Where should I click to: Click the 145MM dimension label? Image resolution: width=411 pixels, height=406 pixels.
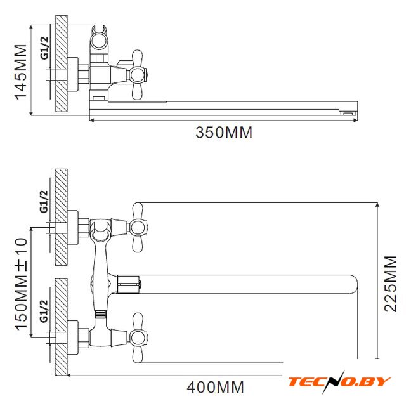[x=21, y=72]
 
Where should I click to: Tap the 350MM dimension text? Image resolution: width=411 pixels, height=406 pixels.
[x=224, y=133]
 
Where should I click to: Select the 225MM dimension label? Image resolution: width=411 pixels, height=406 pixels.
[x=390, y=284]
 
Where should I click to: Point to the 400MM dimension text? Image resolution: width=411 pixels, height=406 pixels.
[x=215, y=387]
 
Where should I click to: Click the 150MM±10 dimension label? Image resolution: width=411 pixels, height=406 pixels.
[x=21, y=284]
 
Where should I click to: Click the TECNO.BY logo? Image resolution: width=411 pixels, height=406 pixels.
[x=340, y=381]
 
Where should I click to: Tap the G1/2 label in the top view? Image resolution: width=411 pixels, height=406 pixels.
[x=45, y=48]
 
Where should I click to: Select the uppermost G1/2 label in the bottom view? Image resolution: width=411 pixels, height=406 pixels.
[x=44, y=202]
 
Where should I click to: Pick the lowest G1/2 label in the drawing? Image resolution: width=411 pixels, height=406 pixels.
[x=44, y=311]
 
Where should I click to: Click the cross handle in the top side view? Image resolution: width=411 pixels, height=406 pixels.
[x=138, y=75]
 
